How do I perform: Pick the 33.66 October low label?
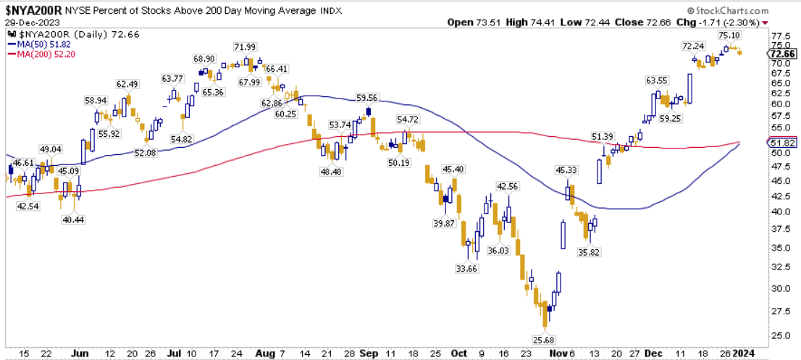coord(467,269)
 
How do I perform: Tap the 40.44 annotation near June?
coord(72,219)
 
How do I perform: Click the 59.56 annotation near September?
coord(368,97)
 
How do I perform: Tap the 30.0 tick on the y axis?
coord(780,288)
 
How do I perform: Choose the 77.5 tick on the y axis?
coord(780,35)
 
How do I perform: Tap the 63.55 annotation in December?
coord(657,80)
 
